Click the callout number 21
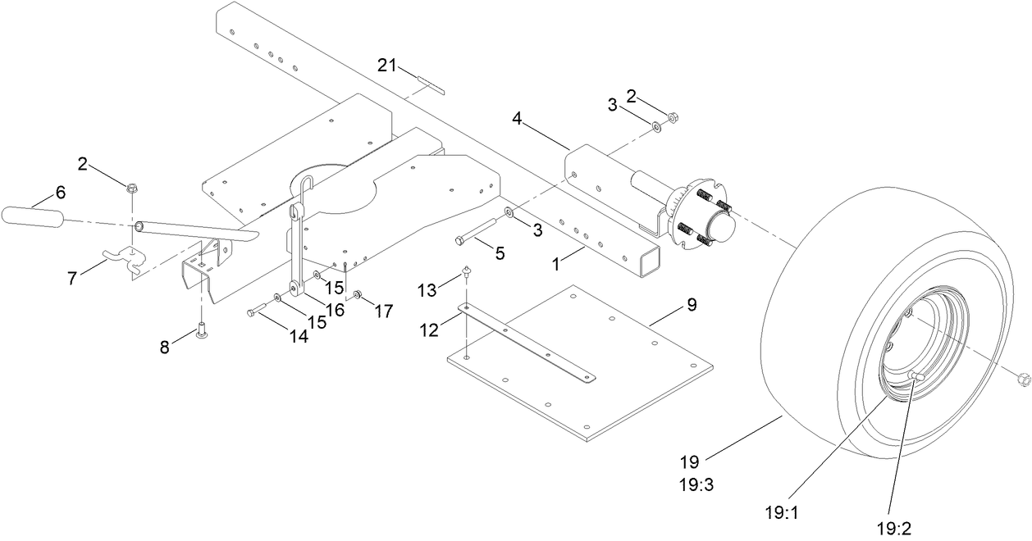click(388, 65)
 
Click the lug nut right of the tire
click(1022, 379)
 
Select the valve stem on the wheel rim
click(917, 375)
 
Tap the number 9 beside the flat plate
click(692, 305)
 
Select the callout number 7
click(73, 278)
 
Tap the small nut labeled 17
click(358, 294)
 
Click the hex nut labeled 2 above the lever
click(132, 188)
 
